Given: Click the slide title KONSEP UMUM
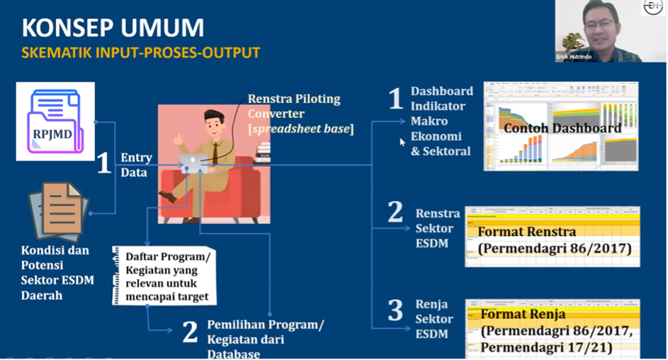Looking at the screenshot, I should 113,28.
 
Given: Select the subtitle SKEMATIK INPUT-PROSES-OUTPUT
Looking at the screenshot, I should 141,53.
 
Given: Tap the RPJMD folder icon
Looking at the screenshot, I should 54,120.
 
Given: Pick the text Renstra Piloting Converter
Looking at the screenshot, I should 294,106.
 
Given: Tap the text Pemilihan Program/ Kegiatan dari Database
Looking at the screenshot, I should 264,339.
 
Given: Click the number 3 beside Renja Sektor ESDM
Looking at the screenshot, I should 395,313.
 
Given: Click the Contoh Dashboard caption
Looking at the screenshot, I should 562,128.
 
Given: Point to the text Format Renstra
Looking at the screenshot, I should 527,232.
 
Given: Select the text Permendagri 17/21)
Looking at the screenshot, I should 545,348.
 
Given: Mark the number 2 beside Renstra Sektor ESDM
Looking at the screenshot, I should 395,213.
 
